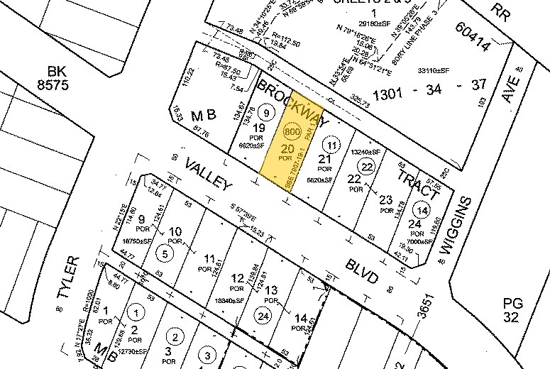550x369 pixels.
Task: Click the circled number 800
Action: [290, 133]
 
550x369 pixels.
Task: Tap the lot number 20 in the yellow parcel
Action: [287, 149]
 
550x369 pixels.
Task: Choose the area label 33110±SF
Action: [434, 70]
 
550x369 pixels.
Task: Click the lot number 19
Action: [258, 128]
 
